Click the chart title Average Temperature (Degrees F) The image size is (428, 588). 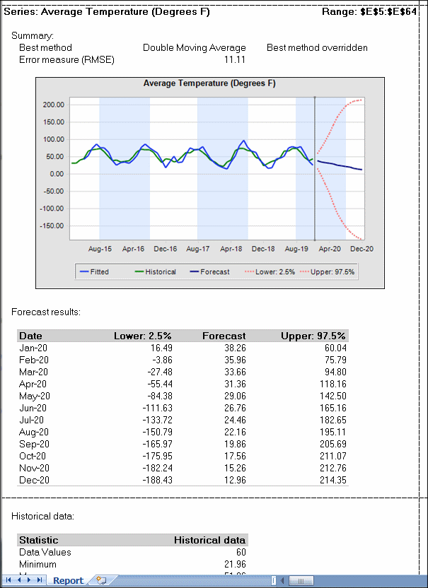pyautogui.click(x=209, y=83)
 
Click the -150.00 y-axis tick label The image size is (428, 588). pyautogui.click(x=53, y=226)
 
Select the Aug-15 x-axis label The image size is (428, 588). pyautogui.click(x=100, y=249)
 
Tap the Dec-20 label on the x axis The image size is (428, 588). pyautogui.click(x=361, y=249)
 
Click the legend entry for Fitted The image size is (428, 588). pyautogui.click(x=99, y=271)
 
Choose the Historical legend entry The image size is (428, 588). pyautogui.click(x=160, y=271)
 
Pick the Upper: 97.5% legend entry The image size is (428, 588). pyautogui.click(x=338, y=271)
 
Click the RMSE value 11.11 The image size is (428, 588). pyautogui.click(x=234, y=60)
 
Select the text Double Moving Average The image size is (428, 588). pyautogui.click(x=195, y=48)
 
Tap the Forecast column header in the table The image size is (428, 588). pyautogui.click(x=224, y=336)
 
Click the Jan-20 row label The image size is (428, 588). pyautogui.click(x=34, y=348)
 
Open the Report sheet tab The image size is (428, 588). pyautogui.click(x=69, y=581)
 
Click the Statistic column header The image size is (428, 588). pyautogui.click(x=39, y=540)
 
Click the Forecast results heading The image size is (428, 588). pyautogui.click(x=46, y=312)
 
